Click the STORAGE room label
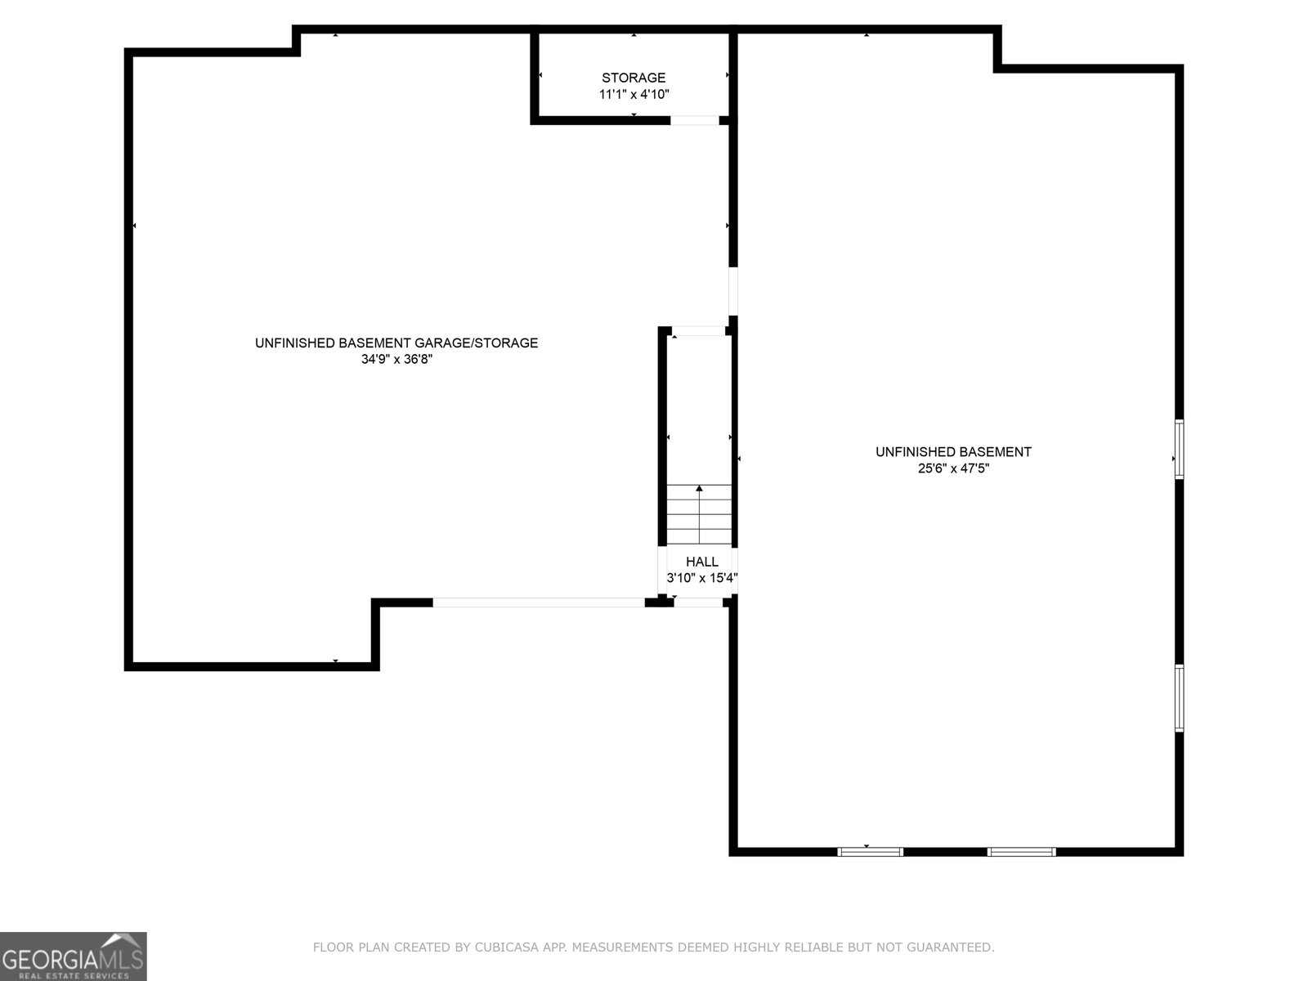(634, 78)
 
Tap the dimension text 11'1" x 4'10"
(634, 94)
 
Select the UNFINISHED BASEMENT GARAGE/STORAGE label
(396, 343)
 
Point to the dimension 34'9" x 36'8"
(396, 359)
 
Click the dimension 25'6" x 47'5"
(953, 468)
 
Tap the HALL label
(702, 562)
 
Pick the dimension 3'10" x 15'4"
(702, 578)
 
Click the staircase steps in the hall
(699, 515)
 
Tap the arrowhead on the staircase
(699, 488)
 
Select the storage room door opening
(695, 120)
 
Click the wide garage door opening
(539, 602)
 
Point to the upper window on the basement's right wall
(1179, 449)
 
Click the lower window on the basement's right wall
(1179, 698)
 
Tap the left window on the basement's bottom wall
(870, 852)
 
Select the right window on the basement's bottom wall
(1021, 852)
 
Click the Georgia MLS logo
(74, 956)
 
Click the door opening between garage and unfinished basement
(733, 291)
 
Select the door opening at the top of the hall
(698, 330)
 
